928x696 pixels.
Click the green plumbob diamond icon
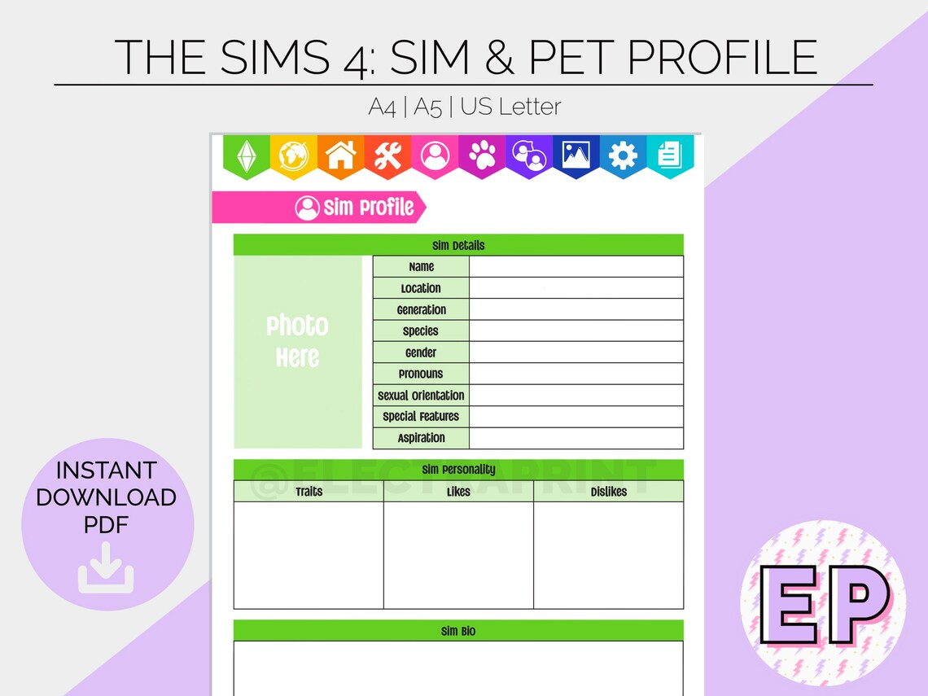tap(247, 155)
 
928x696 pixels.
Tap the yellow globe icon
tap(293, 155)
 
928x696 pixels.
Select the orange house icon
tap(340, 155)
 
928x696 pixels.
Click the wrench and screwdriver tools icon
tap(387, 155)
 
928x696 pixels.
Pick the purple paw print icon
tap(482, 155)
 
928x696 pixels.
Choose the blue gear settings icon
tap(623, 155)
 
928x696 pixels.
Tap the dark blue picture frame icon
tap(576, 155)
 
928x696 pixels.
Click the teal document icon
tap(669, 155)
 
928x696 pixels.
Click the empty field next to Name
tap(576, 266)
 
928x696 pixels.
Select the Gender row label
tap(421, 352)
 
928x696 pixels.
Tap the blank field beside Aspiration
tap(576, 438)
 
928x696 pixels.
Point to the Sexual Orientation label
tap(421, 396)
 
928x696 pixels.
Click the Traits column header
tap(309, 492)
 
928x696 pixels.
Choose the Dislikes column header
tap(608, 492)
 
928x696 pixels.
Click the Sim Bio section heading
tap(458, 631)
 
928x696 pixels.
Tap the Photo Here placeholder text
tap(298, 342)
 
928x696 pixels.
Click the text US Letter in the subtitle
tap(511, 107)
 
